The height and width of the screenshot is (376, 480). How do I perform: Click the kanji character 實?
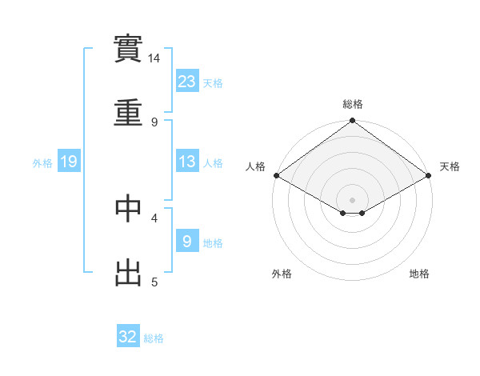click(x=128, y=50)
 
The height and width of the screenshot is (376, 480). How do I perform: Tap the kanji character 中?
click(x=128, y=208)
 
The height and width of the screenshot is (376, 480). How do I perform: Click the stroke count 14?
click(x=154, y=58)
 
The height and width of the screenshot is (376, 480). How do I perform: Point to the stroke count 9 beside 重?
click(x=154, y=122)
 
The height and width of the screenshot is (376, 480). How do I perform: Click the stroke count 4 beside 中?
click(x=154, y=217)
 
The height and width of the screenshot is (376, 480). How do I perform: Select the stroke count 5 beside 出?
click(x=154, y=281)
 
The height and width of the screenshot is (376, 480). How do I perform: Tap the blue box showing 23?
click(x=187, y=82)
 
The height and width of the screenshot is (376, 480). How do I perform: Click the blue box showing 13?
click(x=187, y=162)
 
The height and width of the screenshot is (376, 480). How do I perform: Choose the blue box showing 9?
click(x=187, y=241)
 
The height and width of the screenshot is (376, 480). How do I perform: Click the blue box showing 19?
click(x=69, y=162)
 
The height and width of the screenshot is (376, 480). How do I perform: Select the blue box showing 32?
click(x=128, y=337)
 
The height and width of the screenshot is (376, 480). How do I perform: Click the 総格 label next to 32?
click(x=154, y=338)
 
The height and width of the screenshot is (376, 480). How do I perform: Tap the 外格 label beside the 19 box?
click(x=42, y=163)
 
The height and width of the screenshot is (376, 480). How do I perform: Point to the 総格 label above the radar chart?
click(x=353, y=104)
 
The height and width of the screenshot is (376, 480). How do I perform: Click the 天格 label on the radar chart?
click(x=450, y=166)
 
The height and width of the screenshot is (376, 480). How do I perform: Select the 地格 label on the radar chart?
click(x=419, y=274)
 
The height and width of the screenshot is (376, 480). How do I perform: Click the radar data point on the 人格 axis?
click(x=276, y=175)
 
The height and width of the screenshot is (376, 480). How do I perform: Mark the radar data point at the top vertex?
click(x=353, y=122)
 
